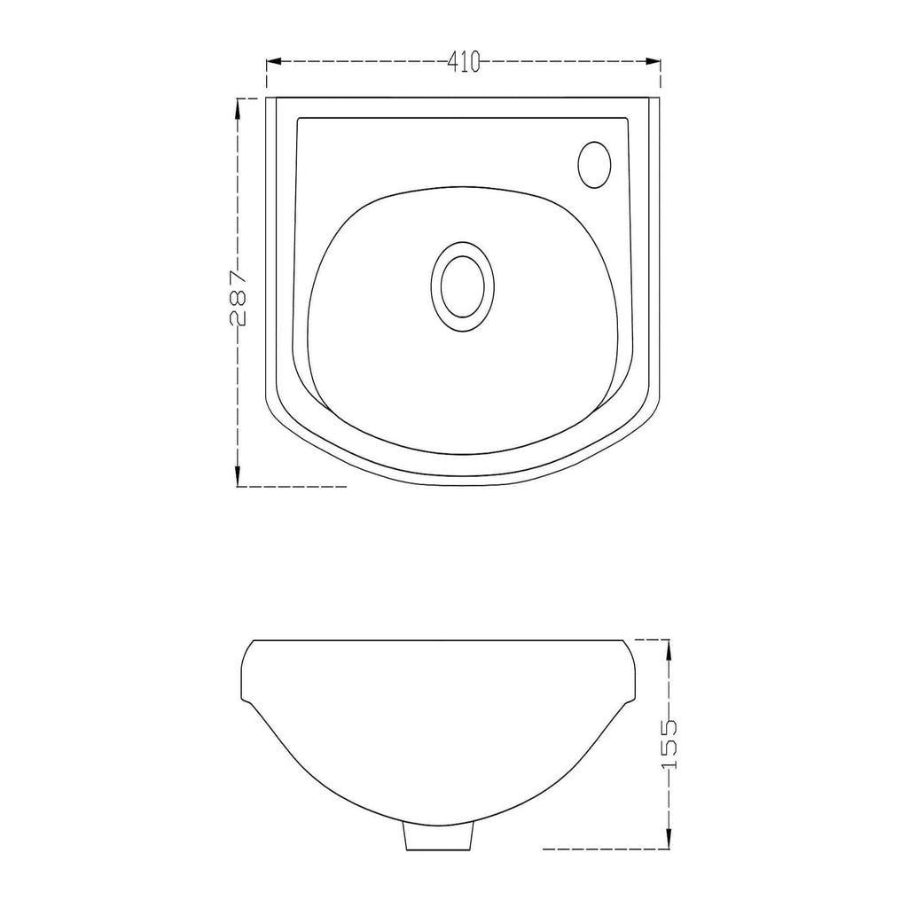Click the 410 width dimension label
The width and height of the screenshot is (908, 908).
click(464, 61)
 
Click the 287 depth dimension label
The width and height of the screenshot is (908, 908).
click(238, 297)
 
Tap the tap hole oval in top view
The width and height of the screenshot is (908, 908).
click(594, 164)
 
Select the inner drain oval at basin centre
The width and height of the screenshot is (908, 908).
click(462, 286)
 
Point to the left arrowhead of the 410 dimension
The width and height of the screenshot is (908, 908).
click(273, 61)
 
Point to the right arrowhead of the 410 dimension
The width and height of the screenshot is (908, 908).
click(654, 61)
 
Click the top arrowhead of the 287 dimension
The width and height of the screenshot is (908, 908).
click(238, 106)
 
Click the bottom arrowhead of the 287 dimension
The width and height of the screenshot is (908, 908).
click(238, 478)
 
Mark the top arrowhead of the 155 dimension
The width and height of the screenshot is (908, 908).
click(669, 648)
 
